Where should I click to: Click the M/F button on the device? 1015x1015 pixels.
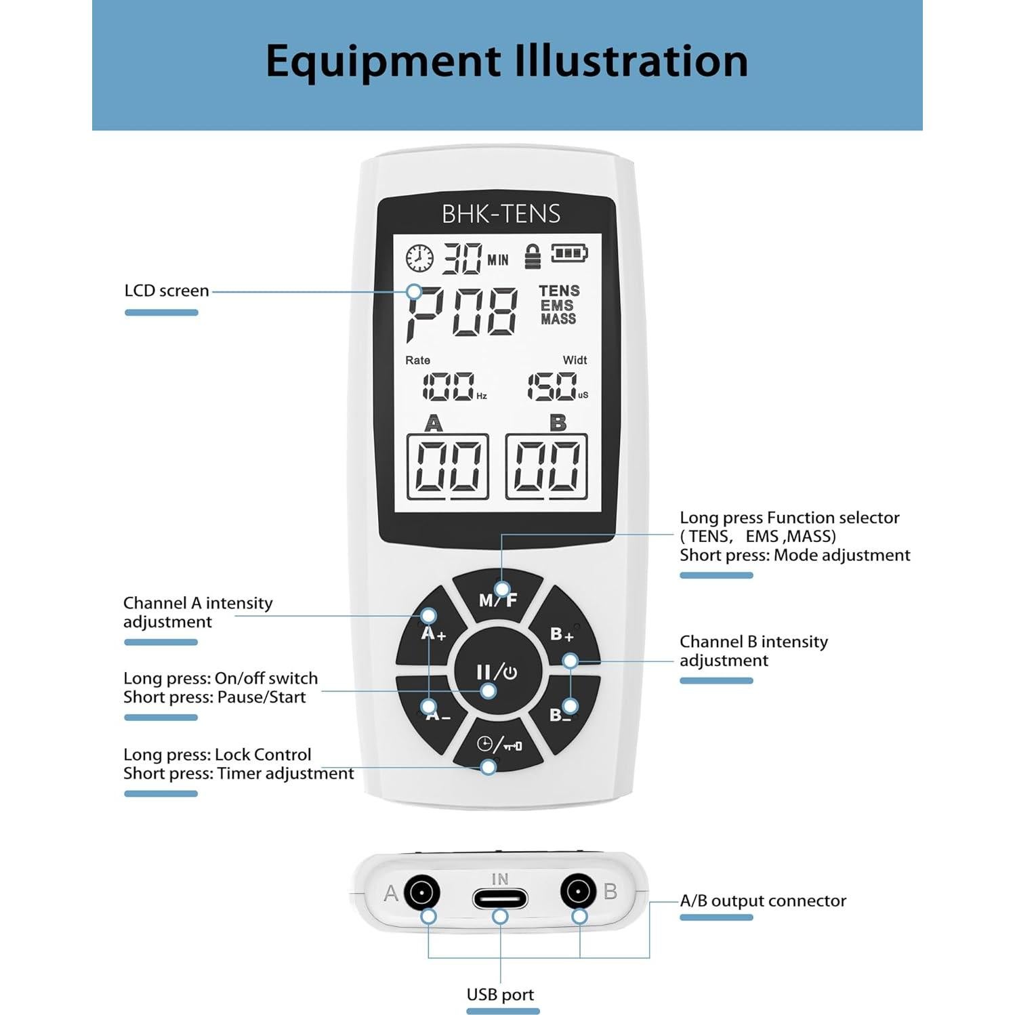pyautogui.click(x=498, y=598)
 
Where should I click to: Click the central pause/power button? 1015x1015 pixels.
pyautogui.click(x=497, y=671)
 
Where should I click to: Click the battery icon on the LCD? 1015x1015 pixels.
pyautogui.click(x=568, y=253)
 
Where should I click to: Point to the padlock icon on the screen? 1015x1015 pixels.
pyautogui.click(x=533, y=256)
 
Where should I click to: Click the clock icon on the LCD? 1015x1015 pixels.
pyautogui.click(x=419, y=258)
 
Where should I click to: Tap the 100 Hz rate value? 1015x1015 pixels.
pyautogui.click(x=449, y=386)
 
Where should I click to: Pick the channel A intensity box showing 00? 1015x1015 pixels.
pyautogui.click(x=448, y=466)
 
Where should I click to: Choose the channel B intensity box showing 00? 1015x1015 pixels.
pyautogui.click(x=546, y=466)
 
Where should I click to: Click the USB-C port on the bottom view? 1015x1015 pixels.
pyautogui.click(x=500, y=899)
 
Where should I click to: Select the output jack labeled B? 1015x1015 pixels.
pyautogui.click(x=578, y=891)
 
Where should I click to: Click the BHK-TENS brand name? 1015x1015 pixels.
pyautogui.click(x=501, y=213)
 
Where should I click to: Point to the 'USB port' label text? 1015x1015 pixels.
pyautogui.click(x=500, y=994)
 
